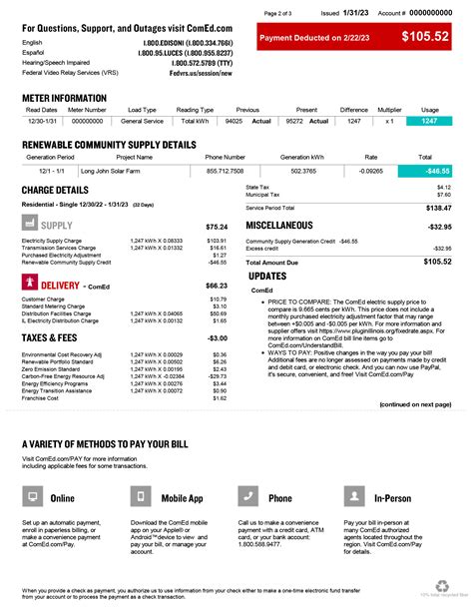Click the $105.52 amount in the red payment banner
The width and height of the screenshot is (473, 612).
pyautogui.click(x=425, y=37)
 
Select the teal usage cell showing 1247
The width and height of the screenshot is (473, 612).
pyautogui.click(x=429, y=120)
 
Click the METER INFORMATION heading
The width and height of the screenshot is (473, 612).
pyautogui.click(x=65, y=98)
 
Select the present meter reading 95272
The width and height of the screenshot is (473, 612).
pyautogui.click(x=294, y=120)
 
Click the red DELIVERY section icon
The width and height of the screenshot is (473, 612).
pyautogui.click(x=29, y=285)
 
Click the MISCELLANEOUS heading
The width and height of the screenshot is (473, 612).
pyautogui.click(x=289, y=227)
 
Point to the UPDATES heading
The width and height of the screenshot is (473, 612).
pyautogui.click(x=267, y=276)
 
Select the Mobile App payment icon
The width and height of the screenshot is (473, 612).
pyautogui.click(x=141, y=497)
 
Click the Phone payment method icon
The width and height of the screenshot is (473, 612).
pyautogui.click(x=248, y=497)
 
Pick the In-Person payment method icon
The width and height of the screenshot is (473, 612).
pyautogui.click(x=354, y=497)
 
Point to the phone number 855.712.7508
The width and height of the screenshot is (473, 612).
pyautogui.click(x=225, y=171)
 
